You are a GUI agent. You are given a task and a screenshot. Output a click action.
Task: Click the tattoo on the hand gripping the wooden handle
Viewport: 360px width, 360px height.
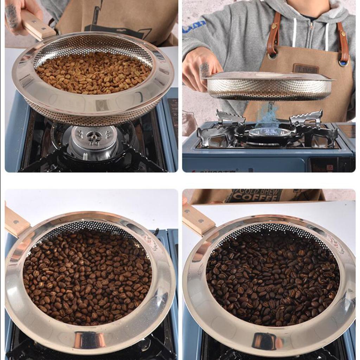(11, 15)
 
